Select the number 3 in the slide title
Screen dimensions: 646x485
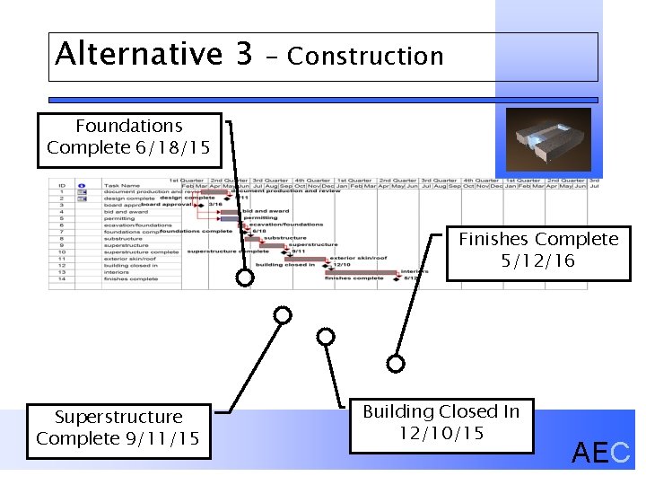click(x=244, y=54)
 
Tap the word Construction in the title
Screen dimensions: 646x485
click(x=365, y=57)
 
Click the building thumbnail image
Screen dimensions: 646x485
click(x=548, y=139)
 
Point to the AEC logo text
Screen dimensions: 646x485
click(x=601, y=454)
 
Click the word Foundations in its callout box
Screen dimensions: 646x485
click(x=128, y=127)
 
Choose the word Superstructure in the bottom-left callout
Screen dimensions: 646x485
click(x=118, y=417)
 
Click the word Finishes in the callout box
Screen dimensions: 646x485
click(x=493, y=240)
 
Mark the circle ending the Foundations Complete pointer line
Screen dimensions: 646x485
click(x=244, y=278)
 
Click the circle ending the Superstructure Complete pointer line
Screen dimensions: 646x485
click(x=283, y=315)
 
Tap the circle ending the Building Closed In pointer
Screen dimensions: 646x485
click(x=326, y=337)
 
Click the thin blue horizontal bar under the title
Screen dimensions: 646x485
click(x=323, y=100)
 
